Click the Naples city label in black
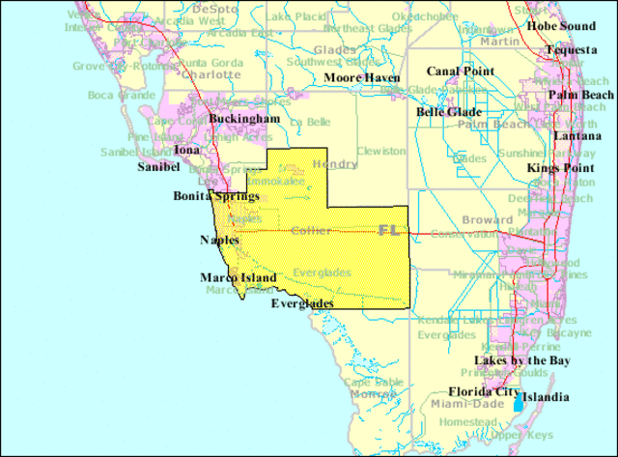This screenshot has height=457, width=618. pos(219,240)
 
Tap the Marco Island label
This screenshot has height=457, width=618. pos(239,278)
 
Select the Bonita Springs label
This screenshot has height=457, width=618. pos(216,195)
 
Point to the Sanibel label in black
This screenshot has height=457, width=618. pos(156,166)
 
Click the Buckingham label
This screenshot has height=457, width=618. pos(244,119)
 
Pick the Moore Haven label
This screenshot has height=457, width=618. pos(362,77)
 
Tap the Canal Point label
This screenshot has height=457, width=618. pos(461,71)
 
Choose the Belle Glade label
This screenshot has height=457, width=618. pos(450,112)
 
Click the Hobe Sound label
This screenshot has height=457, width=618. pos(561,26)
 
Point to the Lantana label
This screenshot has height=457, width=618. pos(577,136)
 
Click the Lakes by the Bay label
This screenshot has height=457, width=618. pos(522,360)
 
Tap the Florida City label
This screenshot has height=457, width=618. pos(484,392)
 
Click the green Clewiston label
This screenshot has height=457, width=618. pos(380,152)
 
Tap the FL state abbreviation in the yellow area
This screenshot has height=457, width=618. pos(389,230)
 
